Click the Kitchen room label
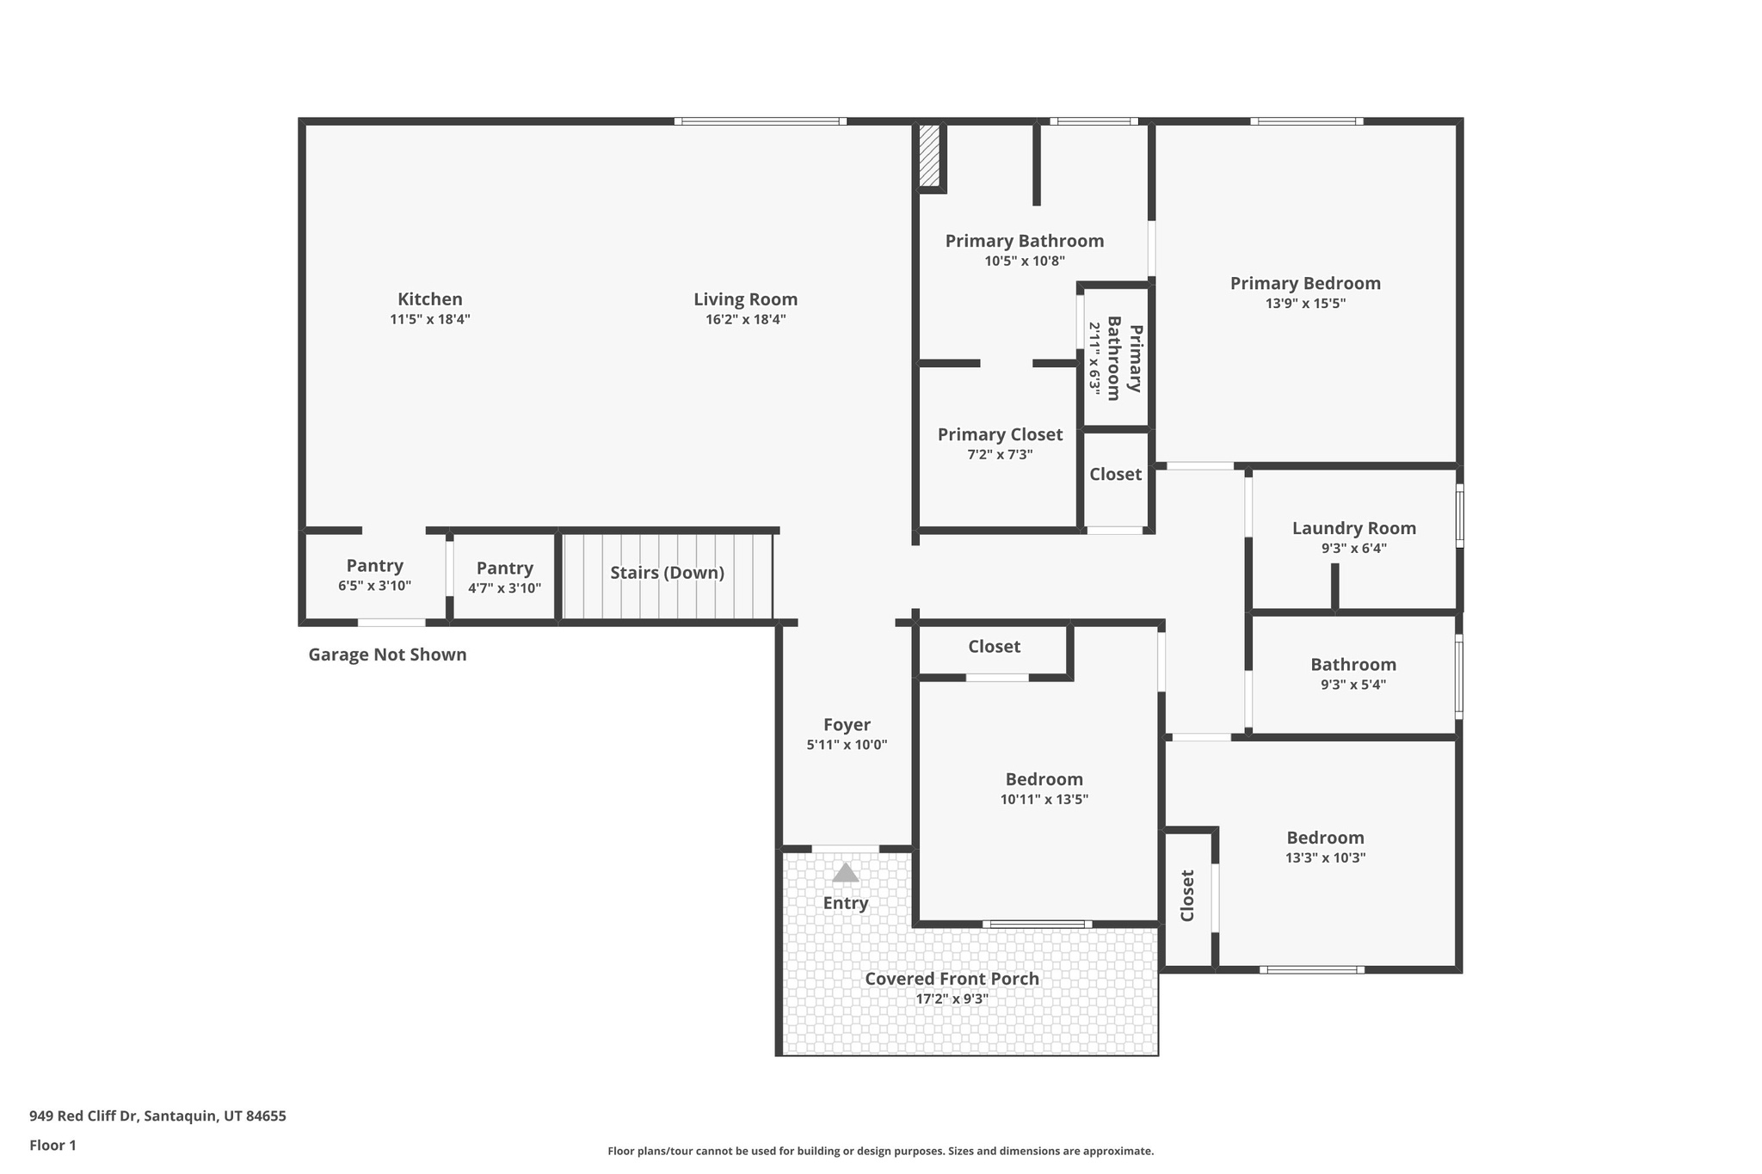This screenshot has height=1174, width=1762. (x=429, y=299)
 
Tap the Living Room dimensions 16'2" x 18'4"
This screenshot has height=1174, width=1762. (x=745, y=320)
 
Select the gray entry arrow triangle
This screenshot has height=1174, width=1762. (x=846, y=873)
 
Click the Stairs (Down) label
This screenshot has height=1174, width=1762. (x=667, y=573)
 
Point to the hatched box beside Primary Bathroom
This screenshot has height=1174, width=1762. (x=929, y=156)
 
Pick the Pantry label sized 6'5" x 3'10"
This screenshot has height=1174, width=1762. (x=374, y=566)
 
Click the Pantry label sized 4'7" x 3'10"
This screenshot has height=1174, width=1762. (x=504, y=569)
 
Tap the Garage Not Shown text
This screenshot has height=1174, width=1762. (x=387, y=655)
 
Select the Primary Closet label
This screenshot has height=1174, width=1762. (x=1000, y=435)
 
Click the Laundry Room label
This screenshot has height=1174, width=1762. (x=1353, y=528)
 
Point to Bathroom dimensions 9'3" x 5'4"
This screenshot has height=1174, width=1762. (x=1352, y=685)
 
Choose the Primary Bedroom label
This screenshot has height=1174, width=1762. (x=1304, y=284)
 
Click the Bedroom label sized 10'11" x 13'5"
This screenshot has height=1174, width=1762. (x=1044, y=779)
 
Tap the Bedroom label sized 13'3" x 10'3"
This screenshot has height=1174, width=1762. (x=1325, y=838)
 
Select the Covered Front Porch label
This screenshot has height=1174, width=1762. (x=952, y=979)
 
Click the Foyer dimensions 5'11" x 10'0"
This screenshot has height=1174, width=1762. (x=847, y=746)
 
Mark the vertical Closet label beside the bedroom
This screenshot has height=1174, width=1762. (x=1187, y=896)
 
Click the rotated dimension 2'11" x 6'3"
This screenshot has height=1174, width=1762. (x=1094, y=358)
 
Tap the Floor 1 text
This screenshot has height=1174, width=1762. (x=52, y=1146)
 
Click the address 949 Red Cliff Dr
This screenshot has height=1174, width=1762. (x=157, y=1116)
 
